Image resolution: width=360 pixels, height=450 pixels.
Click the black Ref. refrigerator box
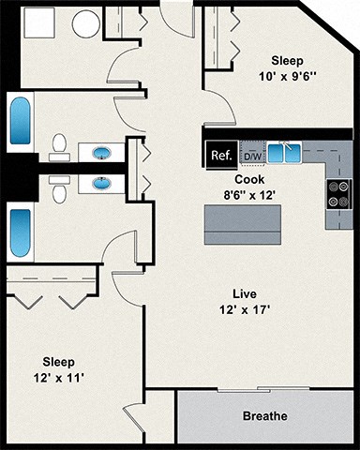coord(221,154)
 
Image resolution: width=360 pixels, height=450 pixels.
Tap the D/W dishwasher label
coord(252,155)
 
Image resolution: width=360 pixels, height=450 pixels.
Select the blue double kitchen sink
coord(284,153)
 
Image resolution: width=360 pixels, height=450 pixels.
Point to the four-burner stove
coord(338,194)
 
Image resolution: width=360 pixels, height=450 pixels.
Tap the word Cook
coord(249,178)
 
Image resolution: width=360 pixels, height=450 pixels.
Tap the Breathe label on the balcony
coord(265,416)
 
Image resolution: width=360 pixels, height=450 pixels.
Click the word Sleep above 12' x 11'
coord(58,361)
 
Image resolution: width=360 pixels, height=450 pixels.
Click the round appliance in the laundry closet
coord(87,23)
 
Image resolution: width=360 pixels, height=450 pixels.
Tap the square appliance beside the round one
coord(38,22)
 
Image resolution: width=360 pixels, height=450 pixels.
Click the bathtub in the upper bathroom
coord(21,121)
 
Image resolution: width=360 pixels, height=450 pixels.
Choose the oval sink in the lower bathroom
coord(100,183)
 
